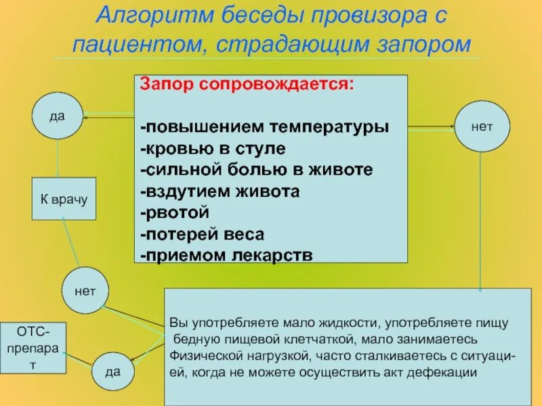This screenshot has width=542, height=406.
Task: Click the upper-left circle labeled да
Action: click(x=58, y=117)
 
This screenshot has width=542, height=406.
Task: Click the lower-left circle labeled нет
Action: click(x=85, y=291)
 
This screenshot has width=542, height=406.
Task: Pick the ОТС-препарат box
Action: click(x=33, y=347)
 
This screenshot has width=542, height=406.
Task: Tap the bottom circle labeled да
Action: click(x=113, y=371)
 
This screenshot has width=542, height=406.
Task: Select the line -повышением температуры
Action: click(x=264, y=127)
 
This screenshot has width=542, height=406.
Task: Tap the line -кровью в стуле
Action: click(x=213, y=148)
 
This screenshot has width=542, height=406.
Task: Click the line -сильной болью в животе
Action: click(x=257, y=169)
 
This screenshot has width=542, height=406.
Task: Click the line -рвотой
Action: click(x=174, y=212)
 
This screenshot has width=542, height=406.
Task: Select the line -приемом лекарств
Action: click(x=226, y=255)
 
